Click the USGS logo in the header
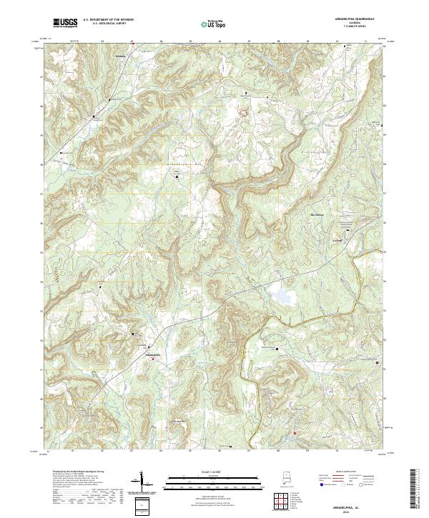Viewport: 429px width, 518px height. tap(65, 23)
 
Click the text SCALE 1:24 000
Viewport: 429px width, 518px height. tap(206, 470)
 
